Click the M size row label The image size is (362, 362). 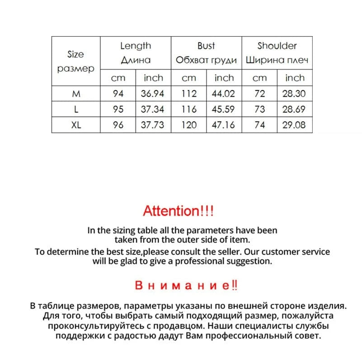pos(75,94)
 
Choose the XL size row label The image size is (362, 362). pos(75,125)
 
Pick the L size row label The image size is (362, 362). pos(75,109)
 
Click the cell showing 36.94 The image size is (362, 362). pos(153,94)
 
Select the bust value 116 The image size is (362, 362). pos(189,109)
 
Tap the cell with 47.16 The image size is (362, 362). pos(224,125)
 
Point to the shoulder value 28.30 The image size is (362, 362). pos(294,94)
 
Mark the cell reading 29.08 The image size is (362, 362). pos(294,125)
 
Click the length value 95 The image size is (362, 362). pos(118,109)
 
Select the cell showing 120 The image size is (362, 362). pos(189,125)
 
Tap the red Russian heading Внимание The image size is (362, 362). pos(186,286)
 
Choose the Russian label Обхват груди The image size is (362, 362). pos(206,60)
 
